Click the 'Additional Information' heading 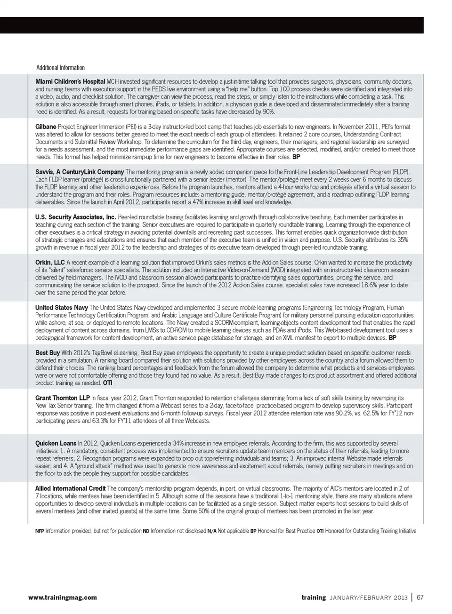[x=60, y=68]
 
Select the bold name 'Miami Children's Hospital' [x=70, y=81]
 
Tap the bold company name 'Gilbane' [x=46, y=127]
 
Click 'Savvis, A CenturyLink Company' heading [x=80, y=172]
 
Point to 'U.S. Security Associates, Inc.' [x=75, y=217]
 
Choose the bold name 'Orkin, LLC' [x=50, y=262]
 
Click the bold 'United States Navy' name [x=61, y=308]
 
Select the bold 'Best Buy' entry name [x=48, y=353]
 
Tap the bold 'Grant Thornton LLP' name [x=62, y=398]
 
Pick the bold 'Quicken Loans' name [x=56, y=443]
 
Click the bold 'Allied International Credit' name [x=70, y=488]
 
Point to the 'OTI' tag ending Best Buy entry [x=107, y=383]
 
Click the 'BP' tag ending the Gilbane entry [x=296, y=157]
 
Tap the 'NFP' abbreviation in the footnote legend [x=40, y=531]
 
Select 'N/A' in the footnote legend [x=212, y=531]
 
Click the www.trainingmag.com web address [x=63, y=598]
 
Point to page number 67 [x=420, y=598]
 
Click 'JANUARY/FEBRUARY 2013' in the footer [x=368, y=598]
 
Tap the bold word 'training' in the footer [x=314, y=598]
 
